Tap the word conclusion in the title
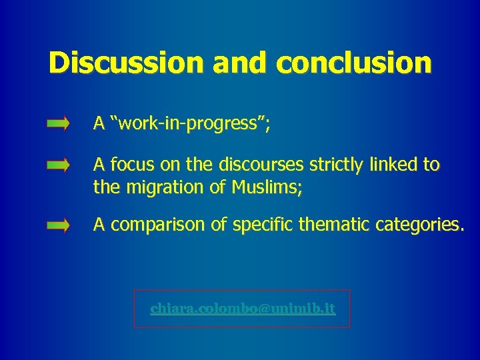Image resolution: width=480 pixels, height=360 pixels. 354,63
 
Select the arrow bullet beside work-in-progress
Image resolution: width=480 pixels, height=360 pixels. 58,124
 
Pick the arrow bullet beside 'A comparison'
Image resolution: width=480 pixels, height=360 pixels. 58,227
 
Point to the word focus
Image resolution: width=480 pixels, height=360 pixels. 130,165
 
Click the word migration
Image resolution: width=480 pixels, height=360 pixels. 154,188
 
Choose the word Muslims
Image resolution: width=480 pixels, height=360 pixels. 264,188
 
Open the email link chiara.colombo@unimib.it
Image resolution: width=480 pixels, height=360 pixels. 243,309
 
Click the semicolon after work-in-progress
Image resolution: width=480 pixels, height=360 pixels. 267,125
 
